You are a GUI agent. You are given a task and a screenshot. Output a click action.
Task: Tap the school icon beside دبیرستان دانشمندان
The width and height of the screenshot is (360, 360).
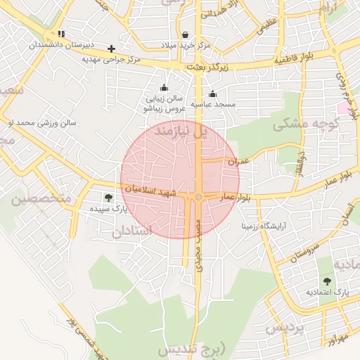tap(61, 34)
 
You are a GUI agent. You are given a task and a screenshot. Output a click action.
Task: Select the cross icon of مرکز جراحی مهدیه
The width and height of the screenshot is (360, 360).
tap(111, 49)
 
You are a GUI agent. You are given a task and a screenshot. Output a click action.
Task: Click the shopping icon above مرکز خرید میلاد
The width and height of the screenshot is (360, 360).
tap(185, 34)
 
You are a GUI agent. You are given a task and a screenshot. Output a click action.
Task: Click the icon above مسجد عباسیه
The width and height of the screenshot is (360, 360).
tap(212, 94)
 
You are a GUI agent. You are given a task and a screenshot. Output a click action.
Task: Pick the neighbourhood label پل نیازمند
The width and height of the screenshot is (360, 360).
tap(182, 131)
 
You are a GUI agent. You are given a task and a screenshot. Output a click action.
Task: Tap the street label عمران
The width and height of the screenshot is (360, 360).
tap(238, 161)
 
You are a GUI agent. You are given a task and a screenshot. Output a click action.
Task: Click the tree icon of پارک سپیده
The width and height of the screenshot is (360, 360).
tap(108, 198)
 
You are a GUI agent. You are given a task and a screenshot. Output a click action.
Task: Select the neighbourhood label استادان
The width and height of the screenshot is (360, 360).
tap(132, 229)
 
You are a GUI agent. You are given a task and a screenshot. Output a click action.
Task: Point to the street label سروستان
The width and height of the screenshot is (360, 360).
tap(304, 249)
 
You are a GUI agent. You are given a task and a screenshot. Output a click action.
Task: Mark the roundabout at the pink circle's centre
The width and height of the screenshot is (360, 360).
tap(199, 197)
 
